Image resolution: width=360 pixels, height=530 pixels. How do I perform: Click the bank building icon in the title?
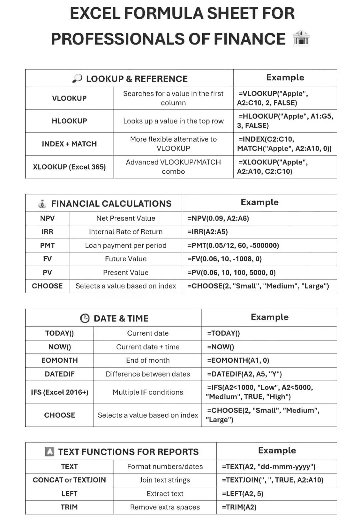[x=301, y=38]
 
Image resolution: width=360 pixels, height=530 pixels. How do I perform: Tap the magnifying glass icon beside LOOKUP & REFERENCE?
[x=77, y=79]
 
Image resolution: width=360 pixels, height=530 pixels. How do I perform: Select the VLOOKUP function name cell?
[x=69, y=98]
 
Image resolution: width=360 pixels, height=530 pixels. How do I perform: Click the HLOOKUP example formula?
[x=285, y=121]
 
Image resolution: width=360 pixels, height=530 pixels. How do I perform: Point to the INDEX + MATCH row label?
[x=69, y=144]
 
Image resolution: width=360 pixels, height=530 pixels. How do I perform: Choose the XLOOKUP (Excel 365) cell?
[x=69, y=167]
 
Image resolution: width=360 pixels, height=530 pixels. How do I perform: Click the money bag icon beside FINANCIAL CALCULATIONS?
[x=42, y=204]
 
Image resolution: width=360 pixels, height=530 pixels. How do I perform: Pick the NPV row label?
[x=47, y=218]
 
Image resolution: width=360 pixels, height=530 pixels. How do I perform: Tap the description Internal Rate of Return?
[x=125, y=232]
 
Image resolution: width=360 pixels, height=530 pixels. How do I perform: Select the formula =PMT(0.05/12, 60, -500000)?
[x=233, y=246]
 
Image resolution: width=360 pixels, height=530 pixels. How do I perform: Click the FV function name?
[x=47, y=259]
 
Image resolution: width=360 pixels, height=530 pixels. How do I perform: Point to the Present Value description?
[x=125, y=273]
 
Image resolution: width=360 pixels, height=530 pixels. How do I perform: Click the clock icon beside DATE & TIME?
[x=85, y=318]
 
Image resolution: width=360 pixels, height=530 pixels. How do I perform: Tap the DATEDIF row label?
[x=59, y=374]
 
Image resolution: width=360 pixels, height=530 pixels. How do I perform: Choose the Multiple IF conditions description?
[x=148, y=392]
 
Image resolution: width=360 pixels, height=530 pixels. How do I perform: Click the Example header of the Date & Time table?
[x=270, y=317]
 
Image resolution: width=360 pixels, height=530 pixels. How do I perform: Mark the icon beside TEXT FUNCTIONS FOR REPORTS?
[x=49, y=452]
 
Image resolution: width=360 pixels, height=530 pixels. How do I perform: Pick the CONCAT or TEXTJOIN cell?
[x=69, y=480]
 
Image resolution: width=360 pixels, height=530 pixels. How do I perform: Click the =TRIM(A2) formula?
[x=239, y=507]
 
